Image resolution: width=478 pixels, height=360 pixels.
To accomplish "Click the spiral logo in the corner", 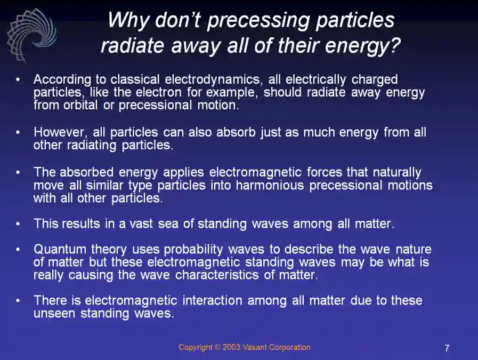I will [31, 33].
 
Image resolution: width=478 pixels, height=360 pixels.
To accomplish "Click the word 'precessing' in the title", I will [251, 21].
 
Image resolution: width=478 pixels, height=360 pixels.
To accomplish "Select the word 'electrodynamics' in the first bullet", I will [213, 79].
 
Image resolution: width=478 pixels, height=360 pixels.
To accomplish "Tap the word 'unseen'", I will [55, 314].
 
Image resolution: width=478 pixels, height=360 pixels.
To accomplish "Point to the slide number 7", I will [447, 348].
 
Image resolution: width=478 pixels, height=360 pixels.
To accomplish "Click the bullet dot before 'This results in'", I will [18, 224].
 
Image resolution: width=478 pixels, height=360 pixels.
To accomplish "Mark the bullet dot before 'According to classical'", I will [18, 80].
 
